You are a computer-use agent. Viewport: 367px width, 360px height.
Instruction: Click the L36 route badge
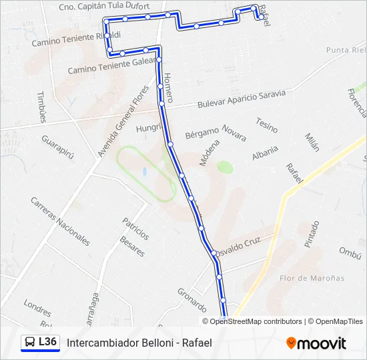[39, 343]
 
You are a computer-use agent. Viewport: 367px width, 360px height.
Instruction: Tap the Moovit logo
[316, 343]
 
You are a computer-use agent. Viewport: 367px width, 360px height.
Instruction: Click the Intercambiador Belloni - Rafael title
[139, 343]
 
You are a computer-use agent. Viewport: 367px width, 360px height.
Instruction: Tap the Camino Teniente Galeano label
[111, 65]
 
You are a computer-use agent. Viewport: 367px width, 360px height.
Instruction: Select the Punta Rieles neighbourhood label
[346, 50]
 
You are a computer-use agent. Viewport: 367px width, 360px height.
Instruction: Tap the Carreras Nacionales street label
[60, 221]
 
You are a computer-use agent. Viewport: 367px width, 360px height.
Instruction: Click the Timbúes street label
[42, 107]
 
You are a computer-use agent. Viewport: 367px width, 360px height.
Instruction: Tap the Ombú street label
[350, 251]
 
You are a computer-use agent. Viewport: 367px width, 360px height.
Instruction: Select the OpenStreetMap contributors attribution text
[256, 321]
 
